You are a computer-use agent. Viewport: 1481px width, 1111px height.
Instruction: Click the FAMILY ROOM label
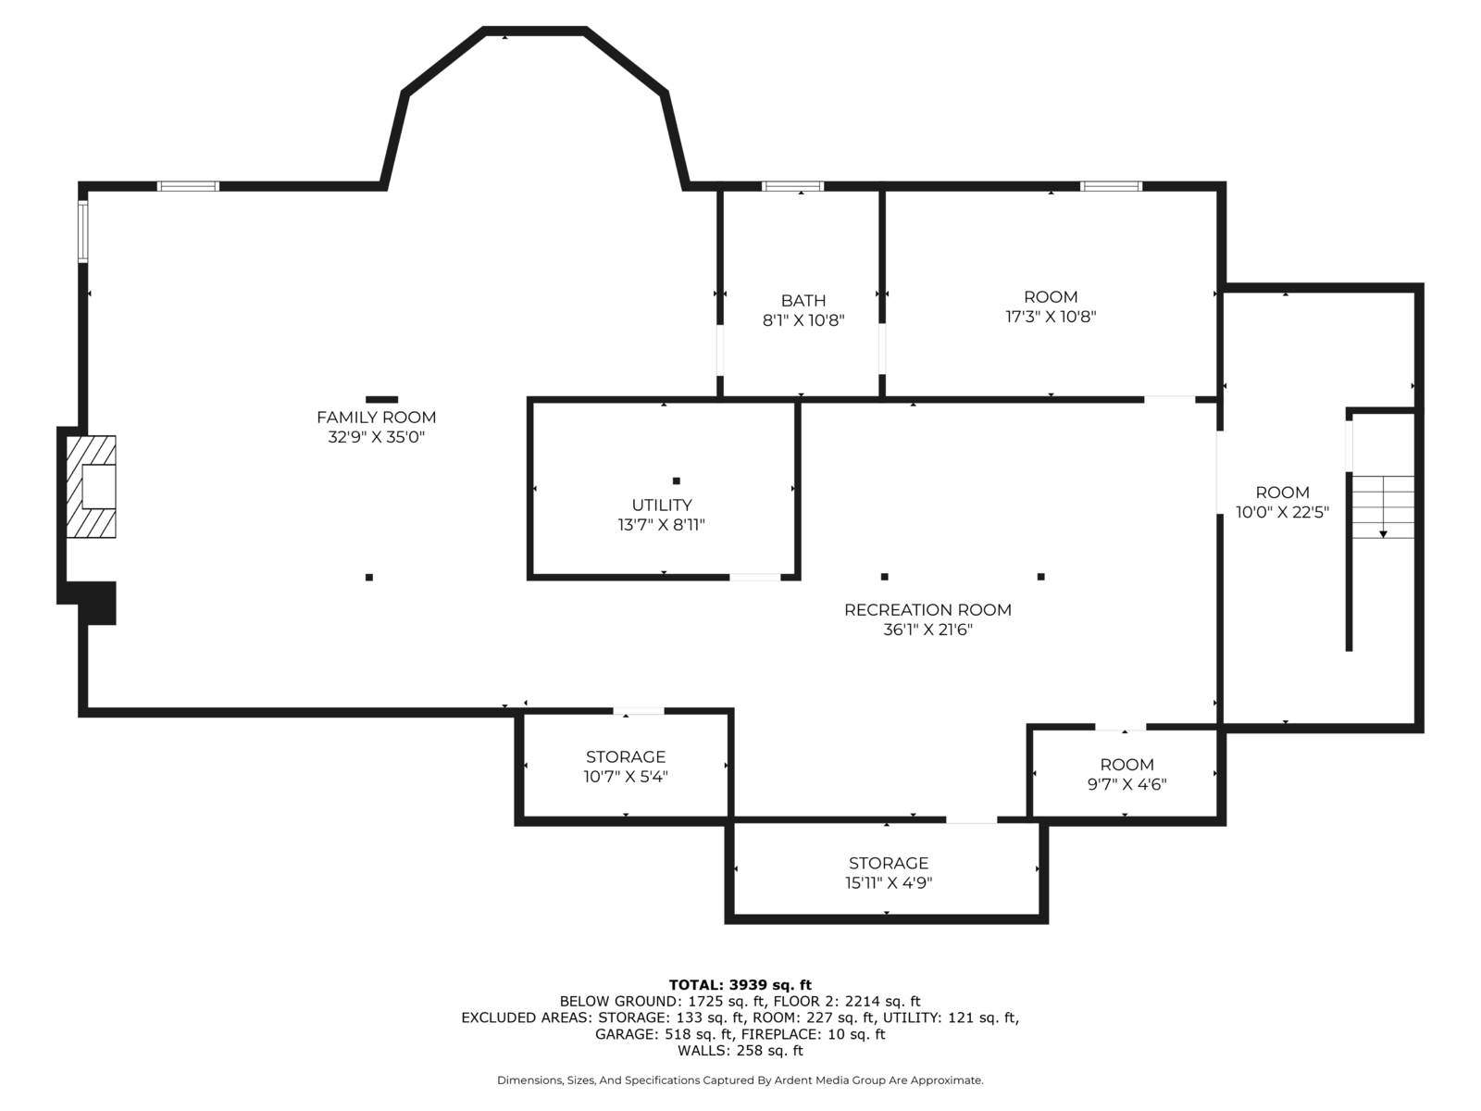click(376, 418)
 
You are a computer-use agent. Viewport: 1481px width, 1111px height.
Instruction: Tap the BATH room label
click(803, 301)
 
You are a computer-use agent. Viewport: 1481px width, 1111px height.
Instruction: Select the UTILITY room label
click(661, 506)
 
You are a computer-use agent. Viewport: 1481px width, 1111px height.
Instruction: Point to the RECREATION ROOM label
click(927, 610)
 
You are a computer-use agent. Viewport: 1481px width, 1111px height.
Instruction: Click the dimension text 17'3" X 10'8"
click(1051, 317)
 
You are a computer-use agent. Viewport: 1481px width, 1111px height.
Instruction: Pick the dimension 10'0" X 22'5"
click(1282, 512)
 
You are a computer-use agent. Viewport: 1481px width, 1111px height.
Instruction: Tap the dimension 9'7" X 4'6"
click(1126, 784)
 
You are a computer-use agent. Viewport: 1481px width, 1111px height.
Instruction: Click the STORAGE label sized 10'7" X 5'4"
click(625, 757)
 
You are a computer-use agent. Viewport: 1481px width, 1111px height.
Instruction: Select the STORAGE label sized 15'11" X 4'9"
click(888, 863)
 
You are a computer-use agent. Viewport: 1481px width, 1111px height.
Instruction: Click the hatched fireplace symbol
click(91, 487)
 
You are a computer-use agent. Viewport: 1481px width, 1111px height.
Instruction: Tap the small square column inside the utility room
click(677, 481)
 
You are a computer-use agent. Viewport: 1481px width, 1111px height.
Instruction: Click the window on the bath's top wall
click(792, 186)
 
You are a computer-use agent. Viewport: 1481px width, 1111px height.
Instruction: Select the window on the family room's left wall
click(82, 231)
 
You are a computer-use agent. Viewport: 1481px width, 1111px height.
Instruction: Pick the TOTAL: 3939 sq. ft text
click(740, 985)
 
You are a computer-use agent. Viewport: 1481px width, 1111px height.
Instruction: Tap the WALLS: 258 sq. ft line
click(740, 1051)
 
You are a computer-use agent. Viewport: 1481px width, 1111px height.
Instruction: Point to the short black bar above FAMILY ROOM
click(381, 400)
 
